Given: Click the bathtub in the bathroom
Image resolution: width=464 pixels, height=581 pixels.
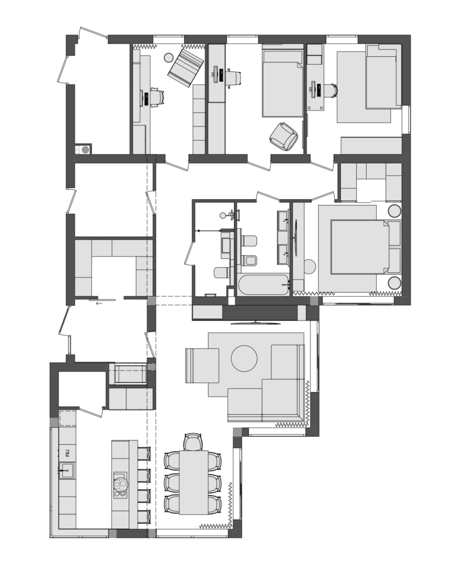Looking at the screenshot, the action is pyautogui.click(x=263, y=285).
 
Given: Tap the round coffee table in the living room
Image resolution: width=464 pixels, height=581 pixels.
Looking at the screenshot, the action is pyautogui.click(x=244, y=359).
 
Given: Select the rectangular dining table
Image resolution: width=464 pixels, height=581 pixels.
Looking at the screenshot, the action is pyautogui.click(x=194, y=482).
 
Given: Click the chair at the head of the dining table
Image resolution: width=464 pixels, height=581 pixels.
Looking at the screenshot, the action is pyautogui.click(x=193, y=442).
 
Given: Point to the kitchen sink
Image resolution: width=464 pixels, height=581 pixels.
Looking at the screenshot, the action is pyautogui.click(x=67, y=471).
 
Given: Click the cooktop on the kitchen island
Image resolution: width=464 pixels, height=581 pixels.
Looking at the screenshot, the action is pyautogui.click(x=121, y=485).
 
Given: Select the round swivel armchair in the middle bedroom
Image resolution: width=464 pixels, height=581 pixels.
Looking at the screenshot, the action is pyautogui.click(x=283, y=136).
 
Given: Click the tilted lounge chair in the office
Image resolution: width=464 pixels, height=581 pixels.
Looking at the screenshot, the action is pyautogui.click(x=186, y=68).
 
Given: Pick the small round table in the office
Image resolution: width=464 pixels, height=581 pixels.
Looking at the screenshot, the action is pyautogui.click(x=169, y=57).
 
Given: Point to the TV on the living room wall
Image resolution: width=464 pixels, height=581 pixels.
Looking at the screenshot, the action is pyautogui.click(x=254, y=323).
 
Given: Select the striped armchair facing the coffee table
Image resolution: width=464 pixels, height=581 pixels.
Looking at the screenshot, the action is pyautogui.click(x=202, y=365).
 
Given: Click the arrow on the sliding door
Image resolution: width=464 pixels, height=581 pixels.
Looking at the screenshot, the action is pyautogui.click(x=99, y=304).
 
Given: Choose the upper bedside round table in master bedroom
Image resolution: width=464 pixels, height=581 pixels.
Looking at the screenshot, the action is pyautogui.click(x=394, y=210).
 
